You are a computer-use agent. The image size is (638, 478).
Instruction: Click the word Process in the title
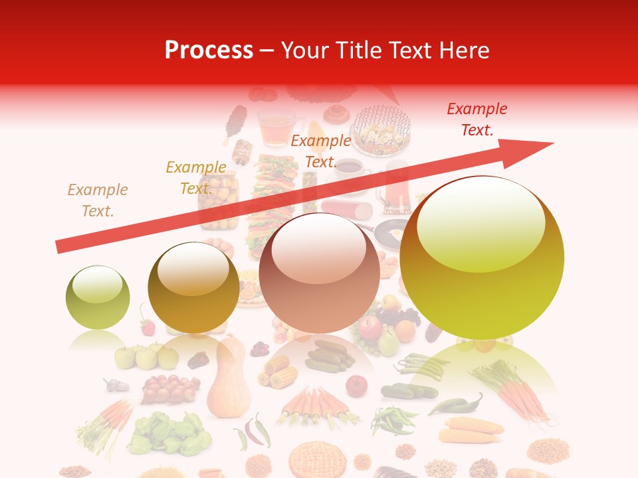pos(209,50)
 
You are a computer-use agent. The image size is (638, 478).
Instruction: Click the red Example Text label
pos(477,119)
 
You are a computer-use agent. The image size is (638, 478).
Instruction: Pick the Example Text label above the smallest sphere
pos(98,200)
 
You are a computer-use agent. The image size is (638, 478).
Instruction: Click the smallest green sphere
pos(98,297)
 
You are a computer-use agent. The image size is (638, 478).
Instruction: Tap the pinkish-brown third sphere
pos(319,273)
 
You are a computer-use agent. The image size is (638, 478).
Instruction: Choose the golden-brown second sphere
pos(193,287)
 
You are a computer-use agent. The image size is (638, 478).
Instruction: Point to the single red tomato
pos(356,385)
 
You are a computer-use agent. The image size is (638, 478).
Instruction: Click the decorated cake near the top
pos(381,129)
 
